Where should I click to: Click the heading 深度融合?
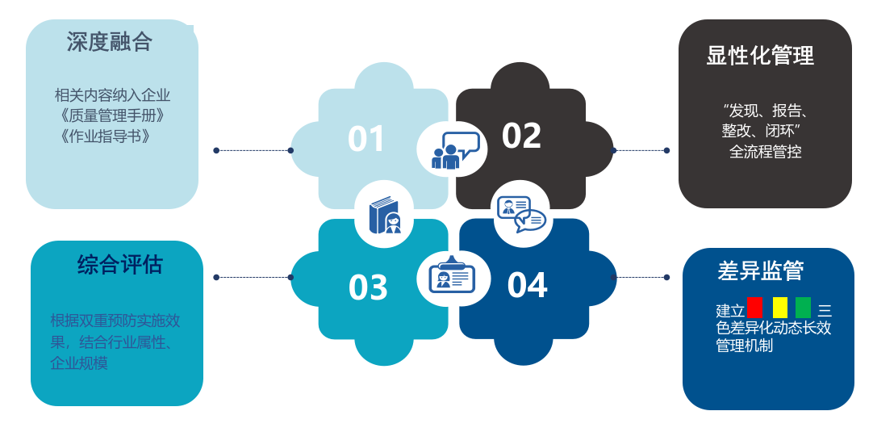[x=110, y=41]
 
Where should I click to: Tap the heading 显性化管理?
[x=760, y=56]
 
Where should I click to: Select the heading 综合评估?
[x=120, y=264]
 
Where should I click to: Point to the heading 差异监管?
[x=761, y=271]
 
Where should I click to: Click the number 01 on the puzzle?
[x=366, y=139]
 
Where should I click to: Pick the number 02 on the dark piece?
[x=521, y=136]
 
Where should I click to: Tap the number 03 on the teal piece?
[x=368, y=287]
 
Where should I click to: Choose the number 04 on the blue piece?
[x=528, y=285]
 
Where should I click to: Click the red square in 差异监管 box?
[x=754, y=308]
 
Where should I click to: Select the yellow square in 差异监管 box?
[x=780, y=308]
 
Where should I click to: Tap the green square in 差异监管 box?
[x=804, y=308]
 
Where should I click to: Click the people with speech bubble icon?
[x=452, y=149]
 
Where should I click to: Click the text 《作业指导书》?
[x=105, y=135]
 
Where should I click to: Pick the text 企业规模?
[x=79, y=363]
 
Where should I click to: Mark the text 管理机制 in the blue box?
[x=744, y=346]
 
